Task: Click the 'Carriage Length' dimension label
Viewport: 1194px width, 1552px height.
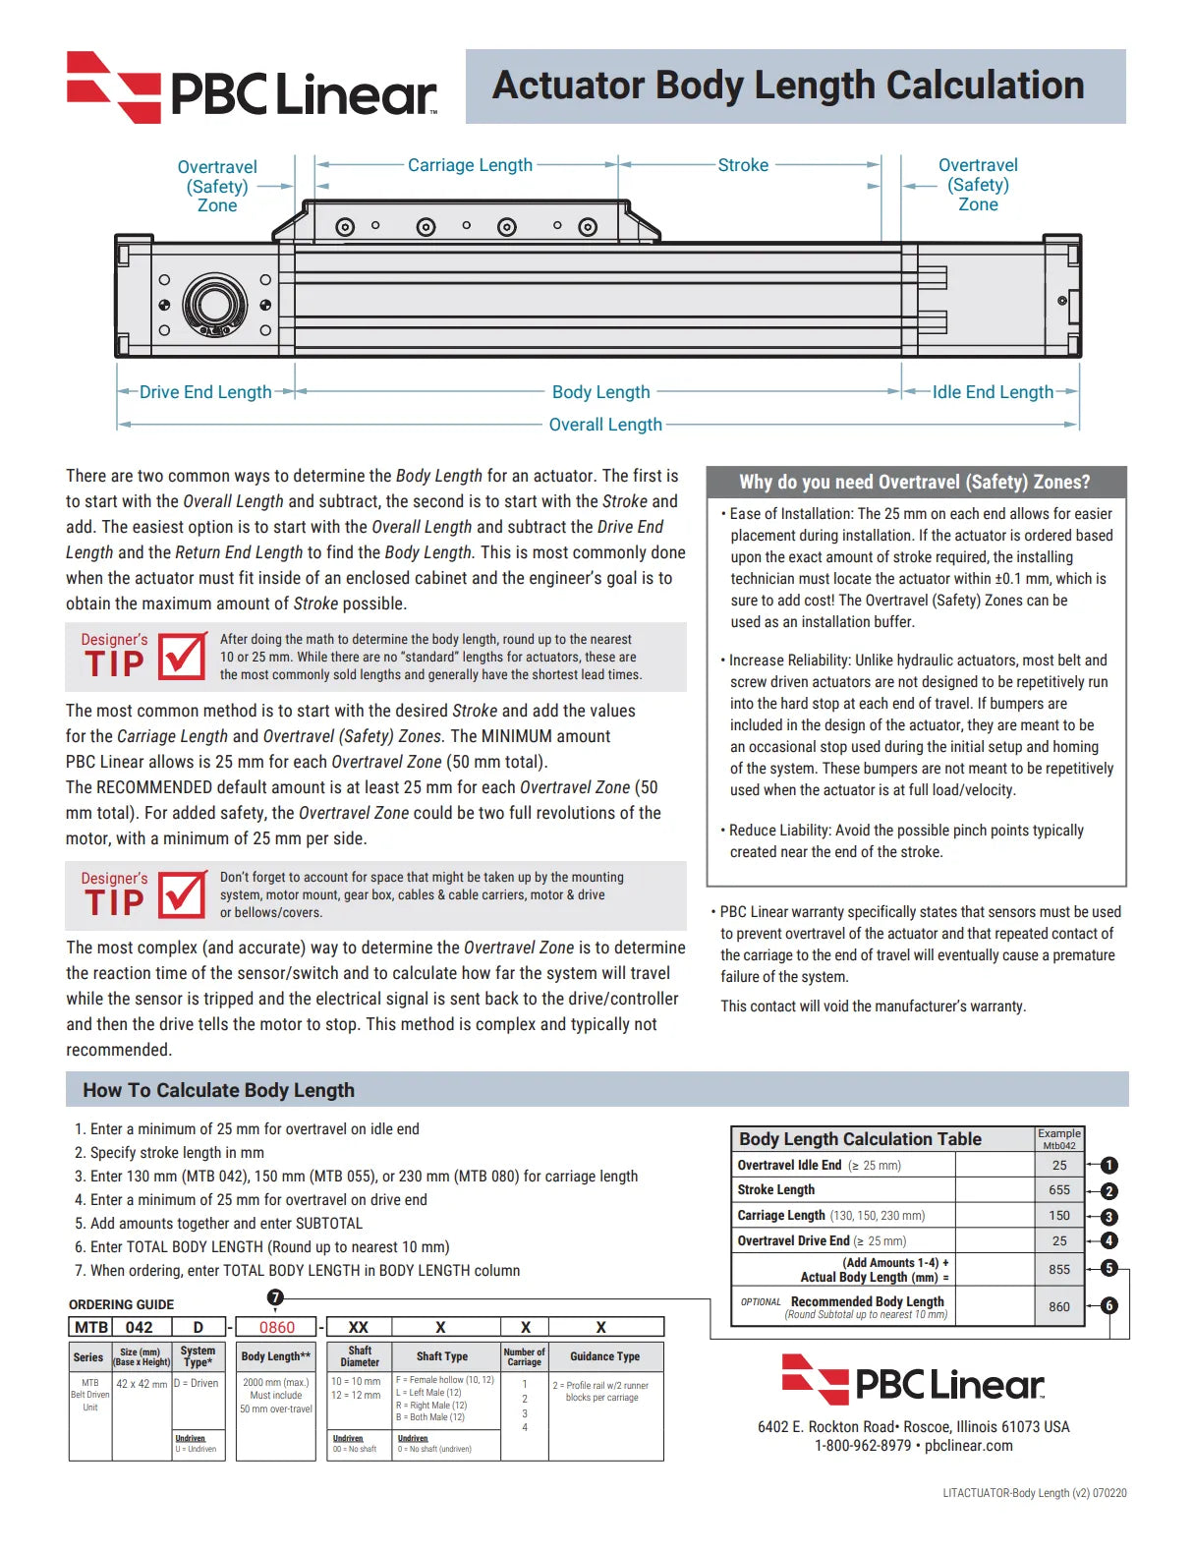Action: [470, 165]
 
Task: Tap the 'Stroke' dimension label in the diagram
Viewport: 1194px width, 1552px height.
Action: [743, 165]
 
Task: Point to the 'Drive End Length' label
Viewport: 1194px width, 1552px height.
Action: [205, 392]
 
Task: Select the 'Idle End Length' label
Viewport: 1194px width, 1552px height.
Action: [993, 392]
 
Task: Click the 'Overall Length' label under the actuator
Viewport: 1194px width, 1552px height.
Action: [605, 425]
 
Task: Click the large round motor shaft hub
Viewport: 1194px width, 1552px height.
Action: [214, 304]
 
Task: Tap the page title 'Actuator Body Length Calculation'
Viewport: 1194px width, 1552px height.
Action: [788, 86]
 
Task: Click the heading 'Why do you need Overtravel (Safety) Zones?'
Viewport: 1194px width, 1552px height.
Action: [915, 482]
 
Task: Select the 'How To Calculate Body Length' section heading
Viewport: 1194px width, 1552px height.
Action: [218, 1090]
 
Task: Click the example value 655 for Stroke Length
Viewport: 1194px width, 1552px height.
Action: [1059, 1190]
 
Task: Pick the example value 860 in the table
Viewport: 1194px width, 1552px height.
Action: [1059, 1307]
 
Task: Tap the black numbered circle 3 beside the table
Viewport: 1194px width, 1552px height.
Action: [1109, 1217]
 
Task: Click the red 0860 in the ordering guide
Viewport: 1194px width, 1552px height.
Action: [277, 1327]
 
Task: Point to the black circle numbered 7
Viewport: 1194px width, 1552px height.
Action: [275, 1297]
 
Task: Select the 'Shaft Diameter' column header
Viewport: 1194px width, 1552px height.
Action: [360, 1356]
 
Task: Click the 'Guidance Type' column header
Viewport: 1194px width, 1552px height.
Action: [604, 1356]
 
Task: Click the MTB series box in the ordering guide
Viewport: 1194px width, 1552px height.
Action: [91, 1327]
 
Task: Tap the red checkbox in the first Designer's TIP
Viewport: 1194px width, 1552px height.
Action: [183, 656]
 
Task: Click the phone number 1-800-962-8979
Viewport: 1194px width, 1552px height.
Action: [863, 1446]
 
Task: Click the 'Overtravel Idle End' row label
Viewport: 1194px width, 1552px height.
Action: [789, 1166]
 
